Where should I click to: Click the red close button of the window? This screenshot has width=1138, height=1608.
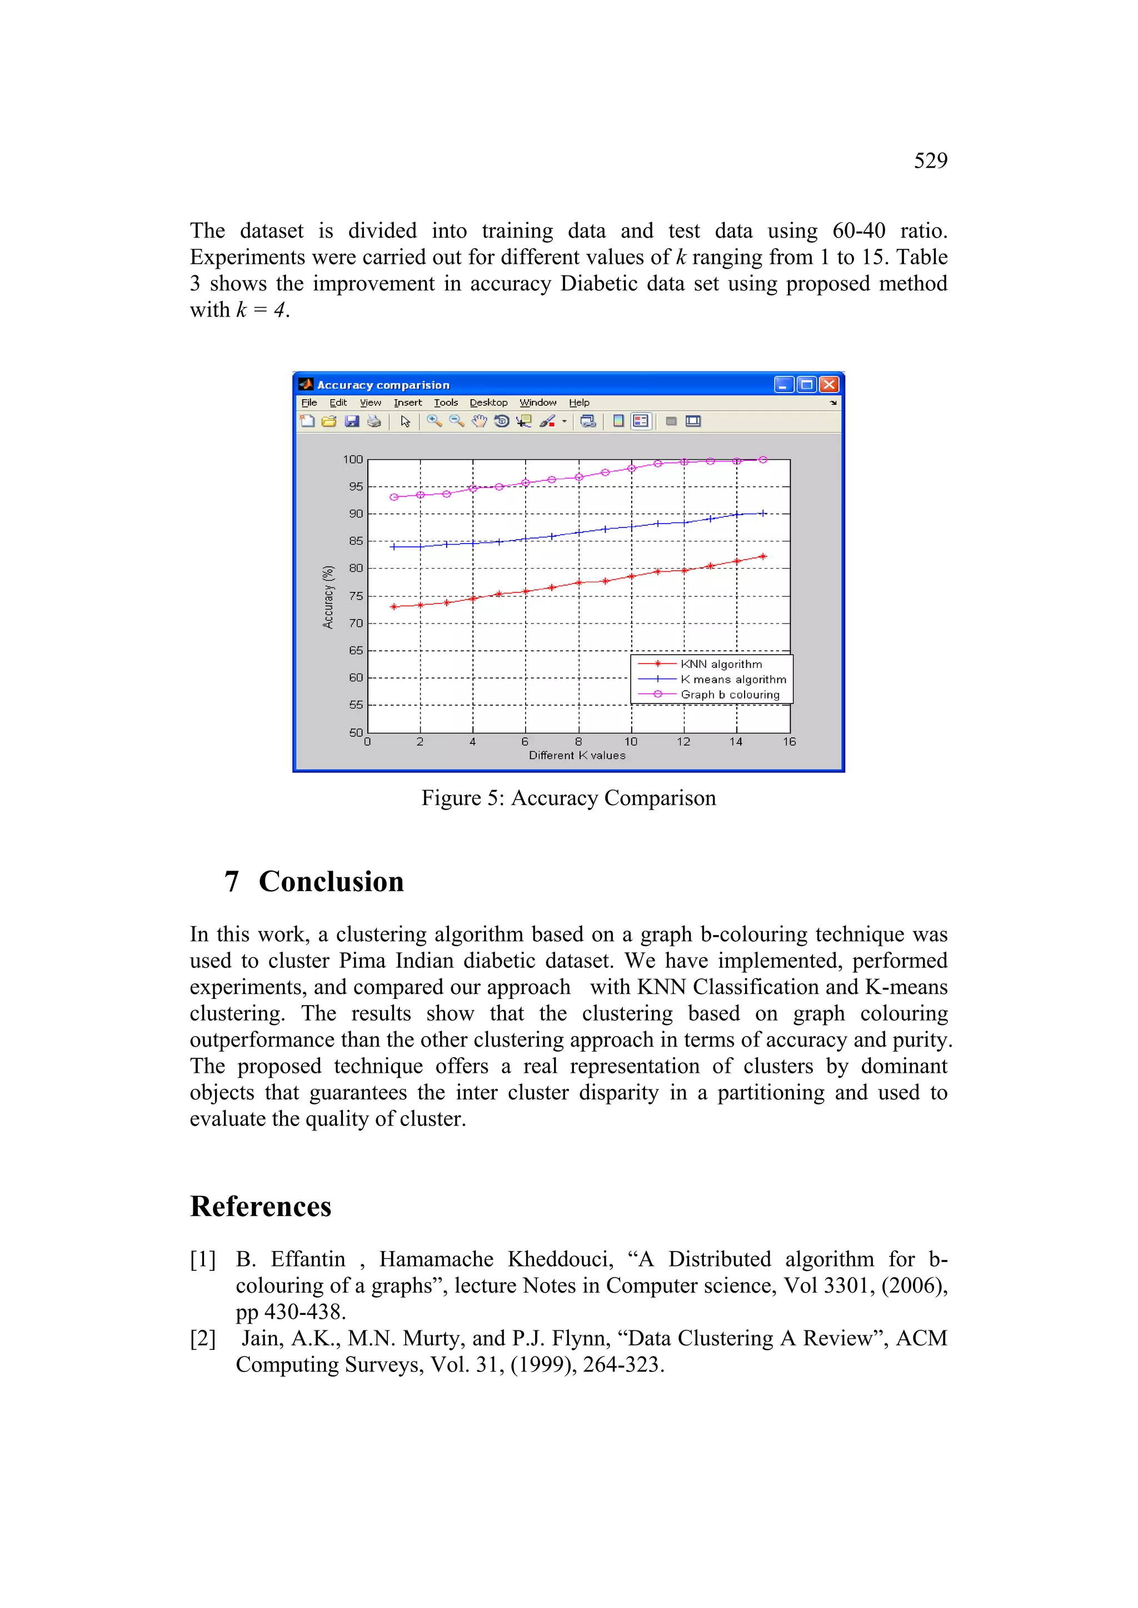point(829,384)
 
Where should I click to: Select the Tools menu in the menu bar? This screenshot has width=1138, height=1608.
point(446,403)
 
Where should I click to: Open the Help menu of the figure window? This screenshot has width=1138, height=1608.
point(579,403)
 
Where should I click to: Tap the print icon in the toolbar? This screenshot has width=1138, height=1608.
point(374,421)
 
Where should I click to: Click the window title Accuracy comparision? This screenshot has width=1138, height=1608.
point(383,385)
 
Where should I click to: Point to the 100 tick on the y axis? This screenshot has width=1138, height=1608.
point(353,459)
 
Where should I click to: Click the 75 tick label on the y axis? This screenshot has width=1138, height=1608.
point(356,596)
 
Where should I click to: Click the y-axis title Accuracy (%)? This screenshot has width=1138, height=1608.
point(328,597)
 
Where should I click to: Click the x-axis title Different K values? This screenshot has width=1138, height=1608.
point(577,755)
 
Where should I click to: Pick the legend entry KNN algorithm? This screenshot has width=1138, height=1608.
point(721,664)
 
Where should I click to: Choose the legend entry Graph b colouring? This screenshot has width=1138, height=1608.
point(730,695)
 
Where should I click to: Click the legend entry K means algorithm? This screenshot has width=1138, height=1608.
point(733,679)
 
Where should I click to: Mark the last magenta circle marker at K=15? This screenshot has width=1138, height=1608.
point(763,460)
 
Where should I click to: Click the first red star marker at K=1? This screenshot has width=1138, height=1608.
point(394,606)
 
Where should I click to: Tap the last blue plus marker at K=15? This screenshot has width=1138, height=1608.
point(763,514)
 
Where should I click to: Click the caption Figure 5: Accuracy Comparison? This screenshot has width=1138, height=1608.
point(568,798)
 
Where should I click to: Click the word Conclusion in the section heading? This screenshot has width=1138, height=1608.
point(331,882)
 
